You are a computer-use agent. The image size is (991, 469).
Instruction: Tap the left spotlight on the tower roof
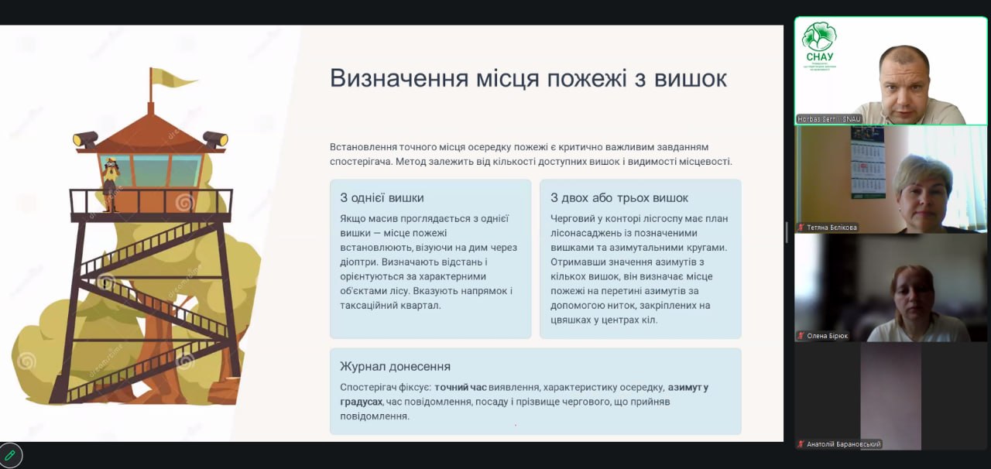pyautogui.click(x=85, y=139)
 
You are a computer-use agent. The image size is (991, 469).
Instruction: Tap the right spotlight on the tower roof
pyautogui.click(x=215, y=139)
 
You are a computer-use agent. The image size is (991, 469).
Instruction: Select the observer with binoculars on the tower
pyautogui.click(x=111, y=184)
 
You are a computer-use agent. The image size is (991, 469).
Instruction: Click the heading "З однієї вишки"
pyautogui.click(x=382, y=198)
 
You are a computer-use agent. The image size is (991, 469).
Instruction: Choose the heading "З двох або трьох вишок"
pyautogui.click(x=619, y=198)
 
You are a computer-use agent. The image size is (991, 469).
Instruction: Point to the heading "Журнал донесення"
pyautogui.click(x=395, y=366)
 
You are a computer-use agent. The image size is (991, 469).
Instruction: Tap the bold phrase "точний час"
pyautogui.click(x=460, y=387)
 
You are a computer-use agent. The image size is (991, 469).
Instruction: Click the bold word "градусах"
pyautogui.click(x=361, y=402)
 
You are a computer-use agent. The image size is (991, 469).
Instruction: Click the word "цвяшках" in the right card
pyautogui.click(x=571, y=320)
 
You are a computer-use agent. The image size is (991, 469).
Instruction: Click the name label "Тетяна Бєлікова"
pyautogui.click(x=832, y=228)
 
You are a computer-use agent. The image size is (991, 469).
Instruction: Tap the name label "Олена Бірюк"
pyautogui.click(x=828, y=336)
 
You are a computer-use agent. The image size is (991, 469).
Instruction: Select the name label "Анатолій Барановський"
pyautogui.click(x=844, y=443)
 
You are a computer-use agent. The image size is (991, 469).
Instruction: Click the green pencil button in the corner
pyautogui.click(x=10, y=454)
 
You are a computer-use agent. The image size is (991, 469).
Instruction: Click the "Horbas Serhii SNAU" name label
pyautogui.click(x=829, y=119)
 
